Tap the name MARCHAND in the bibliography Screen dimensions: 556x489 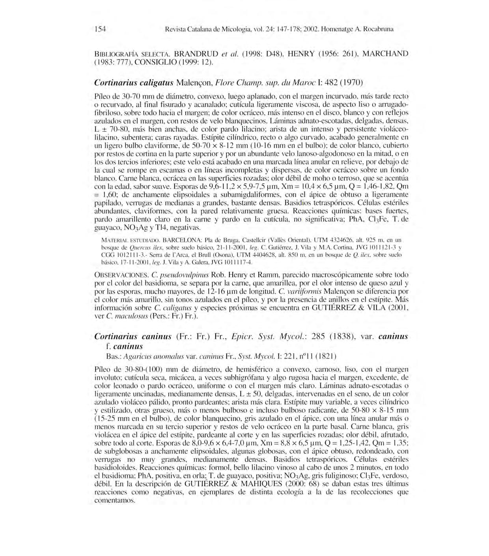click(x=385, y=53)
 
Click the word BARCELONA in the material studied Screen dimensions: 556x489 click(x=182, y=240)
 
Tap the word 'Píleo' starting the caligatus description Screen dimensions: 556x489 click(x=103, y=96)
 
